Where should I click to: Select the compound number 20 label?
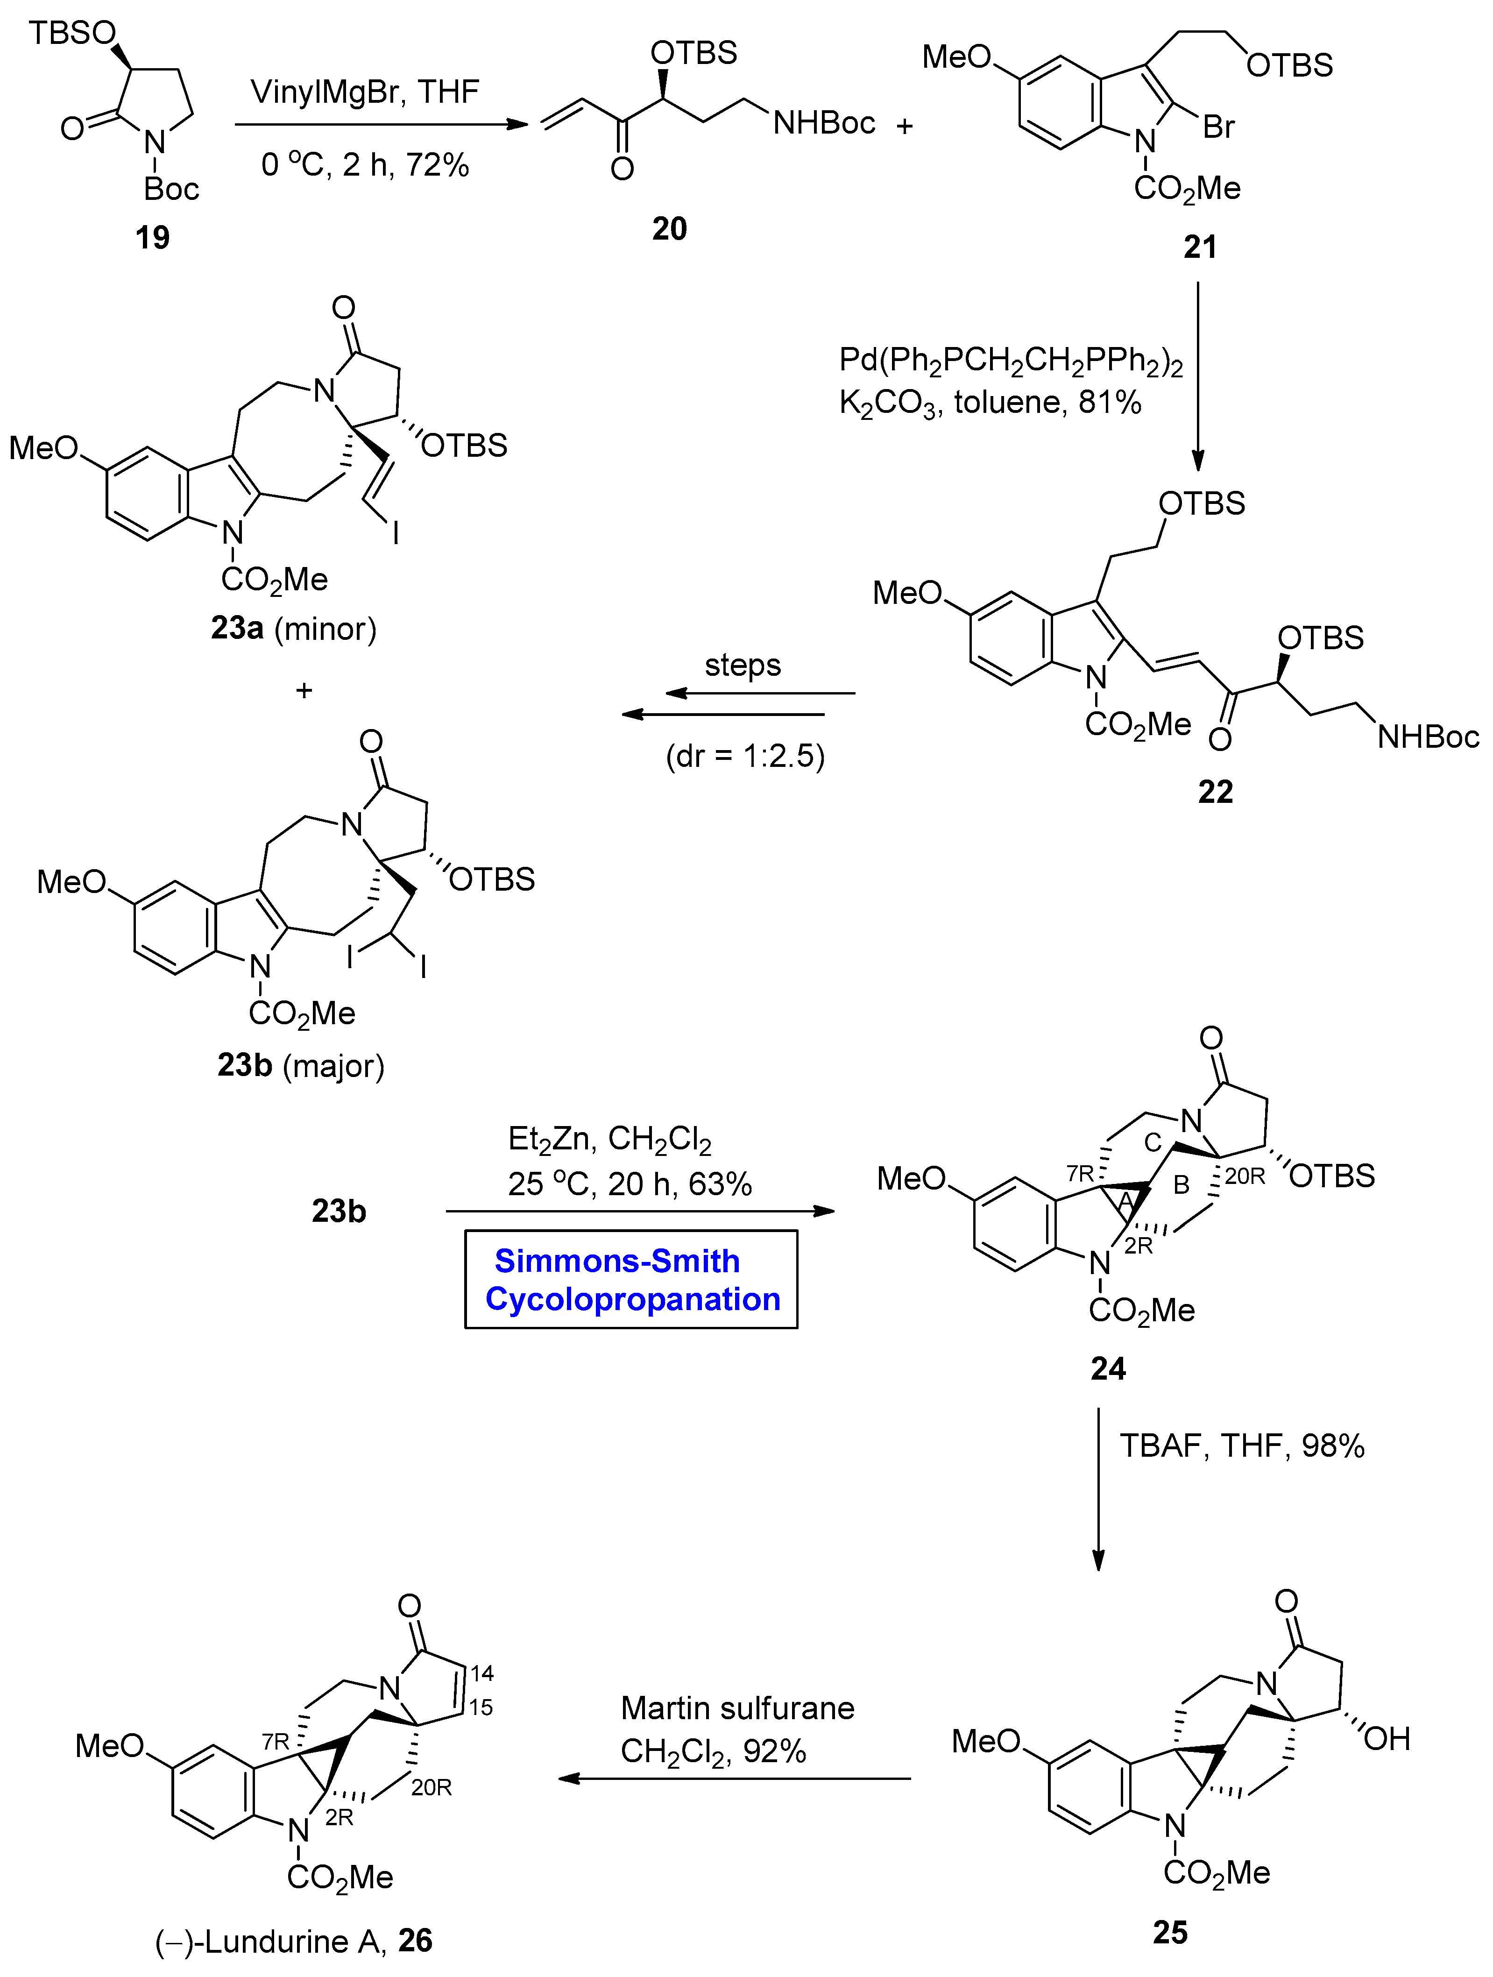click(x=669, y=229)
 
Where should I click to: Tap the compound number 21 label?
click(x=1200, y=247)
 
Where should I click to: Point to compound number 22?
click(x=1215, y=792)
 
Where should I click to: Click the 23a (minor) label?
click(x=294, y=628)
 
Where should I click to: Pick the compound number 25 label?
click(x=1169, y=1932)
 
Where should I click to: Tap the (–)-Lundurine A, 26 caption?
click(x=294, y=1941)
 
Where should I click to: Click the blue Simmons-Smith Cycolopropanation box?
click(x=631, y=1280)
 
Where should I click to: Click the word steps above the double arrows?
click(x=743, y=665)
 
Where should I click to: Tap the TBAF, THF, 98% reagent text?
click(x=1242, y=1445)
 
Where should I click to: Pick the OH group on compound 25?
click(x=1387, y=1738)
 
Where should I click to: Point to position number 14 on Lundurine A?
click(x=482, y=1673)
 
